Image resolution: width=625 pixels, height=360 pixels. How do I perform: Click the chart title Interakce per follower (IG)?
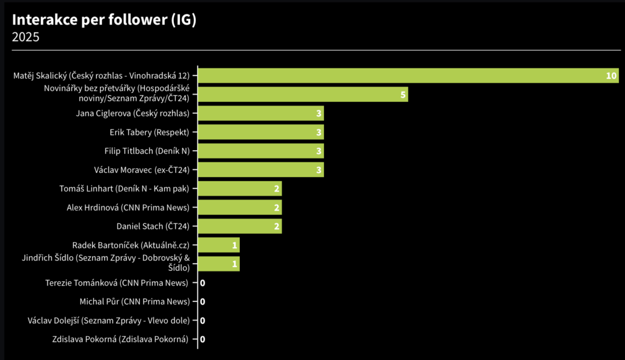(x=104, y=20)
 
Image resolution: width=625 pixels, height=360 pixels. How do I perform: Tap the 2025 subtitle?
(x=26, y=37)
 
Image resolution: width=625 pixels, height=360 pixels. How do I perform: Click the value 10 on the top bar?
(x=611, y=76)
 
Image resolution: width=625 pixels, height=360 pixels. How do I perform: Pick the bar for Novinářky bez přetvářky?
(x=303, y=95)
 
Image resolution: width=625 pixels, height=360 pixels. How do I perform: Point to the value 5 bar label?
(x=403, y=95)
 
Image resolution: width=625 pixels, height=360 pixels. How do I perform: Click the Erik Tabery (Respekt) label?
(x=150, y=132)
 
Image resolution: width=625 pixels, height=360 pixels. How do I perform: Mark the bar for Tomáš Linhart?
(x=240, y=189)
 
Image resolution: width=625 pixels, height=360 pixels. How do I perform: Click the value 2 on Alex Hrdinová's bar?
(x=277, y=207)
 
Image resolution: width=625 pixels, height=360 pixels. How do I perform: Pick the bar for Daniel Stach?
(x=240, y=226)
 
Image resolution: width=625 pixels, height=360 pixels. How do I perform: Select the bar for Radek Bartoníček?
(x=219, y=245)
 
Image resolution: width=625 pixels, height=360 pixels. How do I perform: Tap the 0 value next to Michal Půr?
(x=203, y=302)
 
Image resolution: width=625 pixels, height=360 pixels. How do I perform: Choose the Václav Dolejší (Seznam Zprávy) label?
(x=109, y=321)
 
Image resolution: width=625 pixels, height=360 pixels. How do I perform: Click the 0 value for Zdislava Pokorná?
(x=203, y=340)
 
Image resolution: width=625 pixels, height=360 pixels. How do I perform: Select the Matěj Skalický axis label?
(x=101, y=76)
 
